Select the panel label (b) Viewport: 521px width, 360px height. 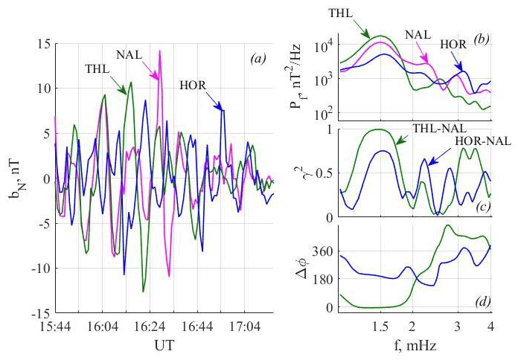pyautogui.click(x=480, y=42)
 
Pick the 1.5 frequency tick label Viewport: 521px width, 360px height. pyautogui.click(x=380, y=327)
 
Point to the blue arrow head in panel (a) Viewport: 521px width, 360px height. pyautogui.click(x=221, y=110)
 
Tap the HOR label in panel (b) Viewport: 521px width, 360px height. pyautogui.click(x=450, y=45)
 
